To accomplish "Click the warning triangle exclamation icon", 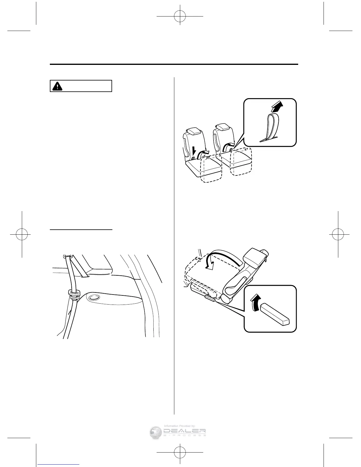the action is click(56, 86).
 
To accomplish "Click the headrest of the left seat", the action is click(194, 131).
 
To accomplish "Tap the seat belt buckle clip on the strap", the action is click(74, 294).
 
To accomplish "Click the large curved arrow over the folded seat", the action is click(218, 257).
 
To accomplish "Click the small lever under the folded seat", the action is click(210, 298).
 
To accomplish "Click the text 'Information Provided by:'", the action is click(180, 426).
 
